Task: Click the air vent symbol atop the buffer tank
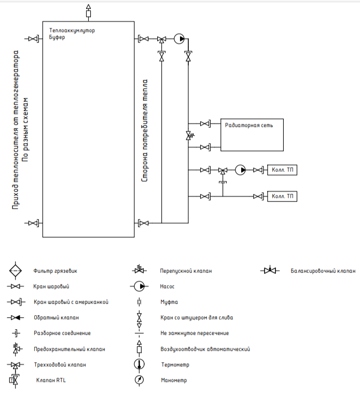(88, 11)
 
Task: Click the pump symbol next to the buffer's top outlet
(179, 39)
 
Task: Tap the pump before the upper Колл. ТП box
(240, 170)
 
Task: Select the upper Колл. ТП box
(282, 170)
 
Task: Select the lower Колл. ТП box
(282, 196)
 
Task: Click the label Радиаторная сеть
(249, 125)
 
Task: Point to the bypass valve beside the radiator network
(190, 136)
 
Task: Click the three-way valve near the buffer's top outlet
(161, 39)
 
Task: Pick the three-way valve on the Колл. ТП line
(223, 171)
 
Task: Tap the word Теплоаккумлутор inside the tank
(72, 31)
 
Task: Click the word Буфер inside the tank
(57, 37)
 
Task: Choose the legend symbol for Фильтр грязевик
(16, 271)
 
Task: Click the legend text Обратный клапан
(57, 317)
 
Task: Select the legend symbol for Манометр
(139, 380)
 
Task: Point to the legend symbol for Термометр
(139, 365)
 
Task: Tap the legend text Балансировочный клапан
(323, 271)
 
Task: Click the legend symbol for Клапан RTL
(14, 379)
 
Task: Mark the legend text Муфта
(169, 302)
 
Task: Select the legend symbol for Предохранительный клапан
(16, 349)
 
